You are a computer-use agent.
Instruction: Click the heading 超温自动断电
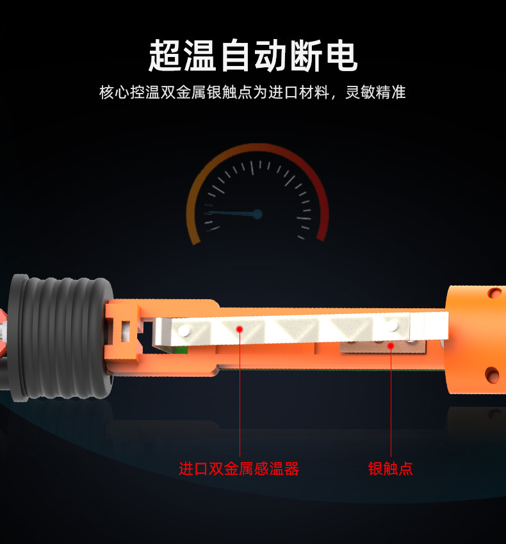pyautogui.click(x=252, y=56)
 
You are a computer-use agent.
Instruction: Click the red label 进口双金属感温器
pyautogui.click(x=239, y=468)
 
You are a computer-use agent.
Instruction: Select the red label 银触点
pyautogui.click(x=391, y=468)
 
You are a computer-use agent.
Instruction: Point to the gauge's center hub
pyautogui.click(x=257, y=214)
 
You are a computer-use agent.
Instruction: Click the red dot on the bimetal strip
pyautogui.click(x=240, y=329)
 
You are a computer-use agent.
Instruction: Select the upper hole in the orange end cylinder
pyautogui.click(x=494, y=293)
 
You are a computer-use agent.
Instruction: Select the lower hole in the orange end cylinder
pyautogui.click(x=492, y=374)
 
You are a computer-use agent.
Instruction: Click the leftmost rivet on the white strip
pyautogui.click(x=184, y=331)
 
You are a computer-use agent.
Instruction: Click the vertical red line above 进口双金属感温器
pyautogui.click(x=240, y=397)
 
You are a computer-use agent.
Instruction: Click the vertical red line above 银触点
pyautogui.click(x=391, y=404)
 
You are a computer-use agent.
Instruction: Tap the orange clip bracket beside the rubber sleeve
pyautogui.click(x=125, y=330)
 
